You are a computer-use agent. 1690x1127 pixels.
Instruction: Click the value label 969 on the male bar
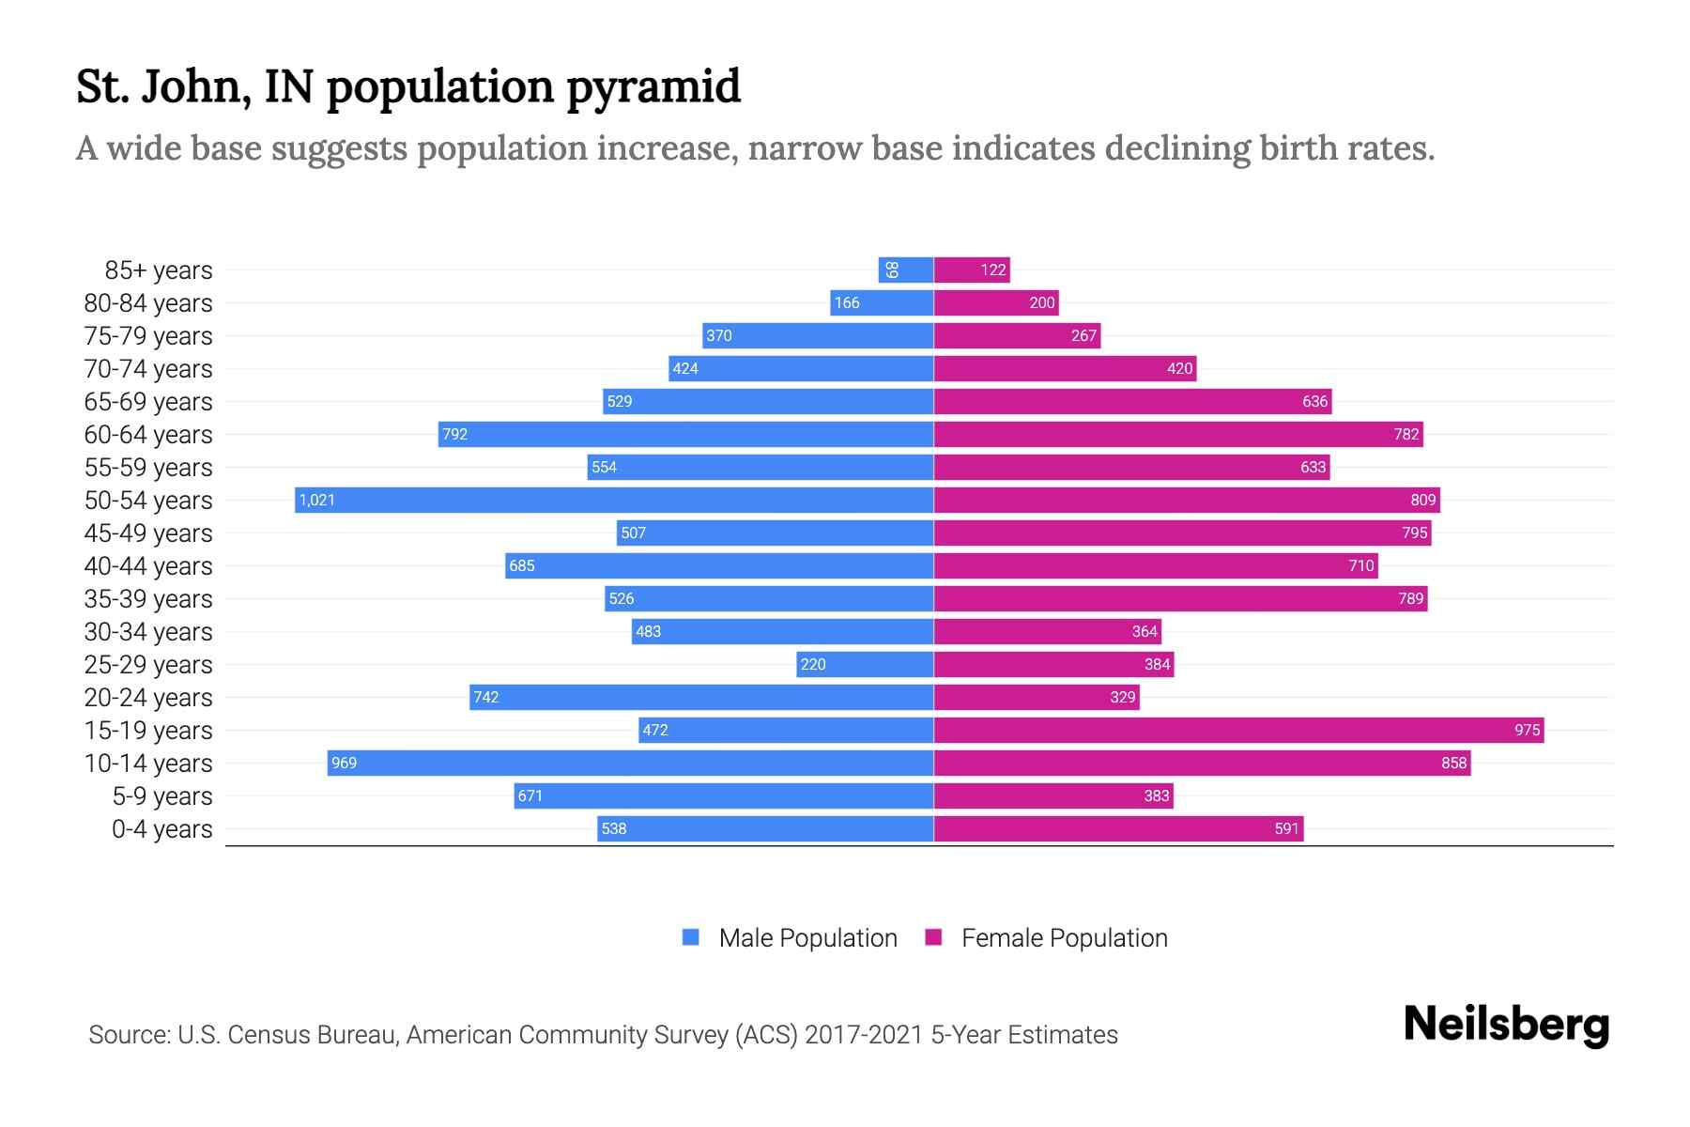(345, 763)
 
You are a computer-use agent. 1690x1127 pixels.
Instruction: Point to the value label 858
(1453, 763)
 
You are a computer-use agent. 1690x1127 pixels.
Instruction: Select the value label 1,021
(317, 500)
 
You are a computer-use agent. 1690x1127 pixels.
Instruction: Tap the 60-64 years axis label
(148, 435)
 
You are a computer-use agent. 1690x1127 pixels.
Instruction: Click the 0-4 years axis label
(161, 829)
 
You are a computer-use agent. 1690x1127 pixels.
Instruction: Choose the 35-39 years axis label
(148, 599)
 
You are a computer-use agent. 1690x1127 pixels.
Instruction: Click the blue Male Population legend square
(691, 937)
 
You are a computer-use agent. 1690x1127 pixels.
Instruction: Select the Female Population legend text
(1064, 937)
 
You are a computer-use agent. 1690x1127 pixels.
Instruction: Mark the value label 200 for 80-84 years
(1041, 302)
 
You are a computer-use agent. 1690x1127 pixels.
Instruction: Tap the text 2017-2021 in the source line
(864, 1035)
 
